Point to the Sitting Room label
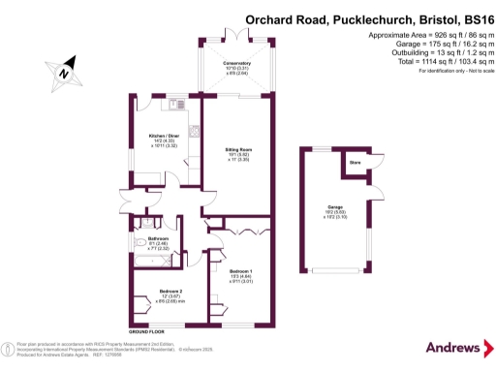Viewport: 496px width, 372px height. (x=238, y=150)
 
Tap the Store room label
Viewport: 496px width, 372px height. (x=355, y=163)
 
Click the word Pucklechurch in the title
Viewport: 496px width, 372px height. (x=357, y=18)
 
